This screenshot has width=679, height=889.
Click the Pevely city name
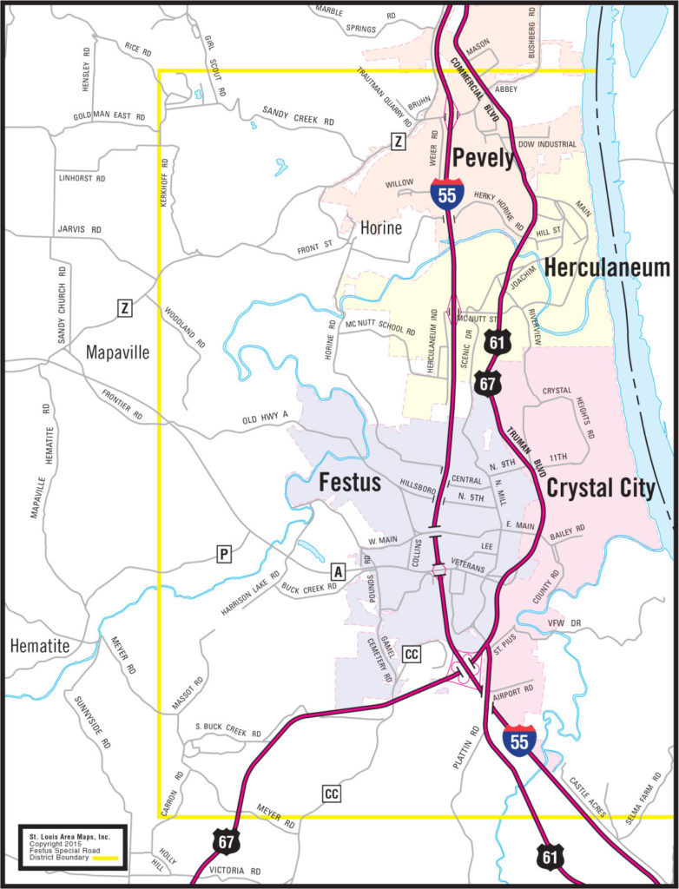pyautogui.click(x=483, y=159)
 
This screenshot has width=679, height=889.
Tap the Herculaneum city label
pyautogui.click(x=607, y=268)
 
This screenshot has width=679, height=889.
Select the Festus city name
pyautogui.click(x=350, y=482)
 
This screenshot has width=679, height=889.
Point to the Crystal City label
pyautogui.click(x=602, y=488)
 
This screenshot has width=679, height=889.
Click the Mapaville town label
pyautogui.click(x=118, y=352)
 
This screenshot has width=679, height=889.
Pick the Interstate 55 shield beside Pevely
pyautogui.click(x=446, y=194)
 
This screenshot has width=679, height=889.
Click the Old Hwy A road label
pyautogui.click(x=265, y=421)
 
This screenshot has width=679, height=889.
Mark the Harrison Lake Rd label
pyautogui.click(x=250, y=593)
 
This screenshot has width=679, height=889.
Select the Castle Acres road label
pyautogui.click(x=588, y=789)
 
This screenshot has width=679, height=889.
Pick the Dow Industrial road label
pyautogui.click(x=546, y=143)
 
